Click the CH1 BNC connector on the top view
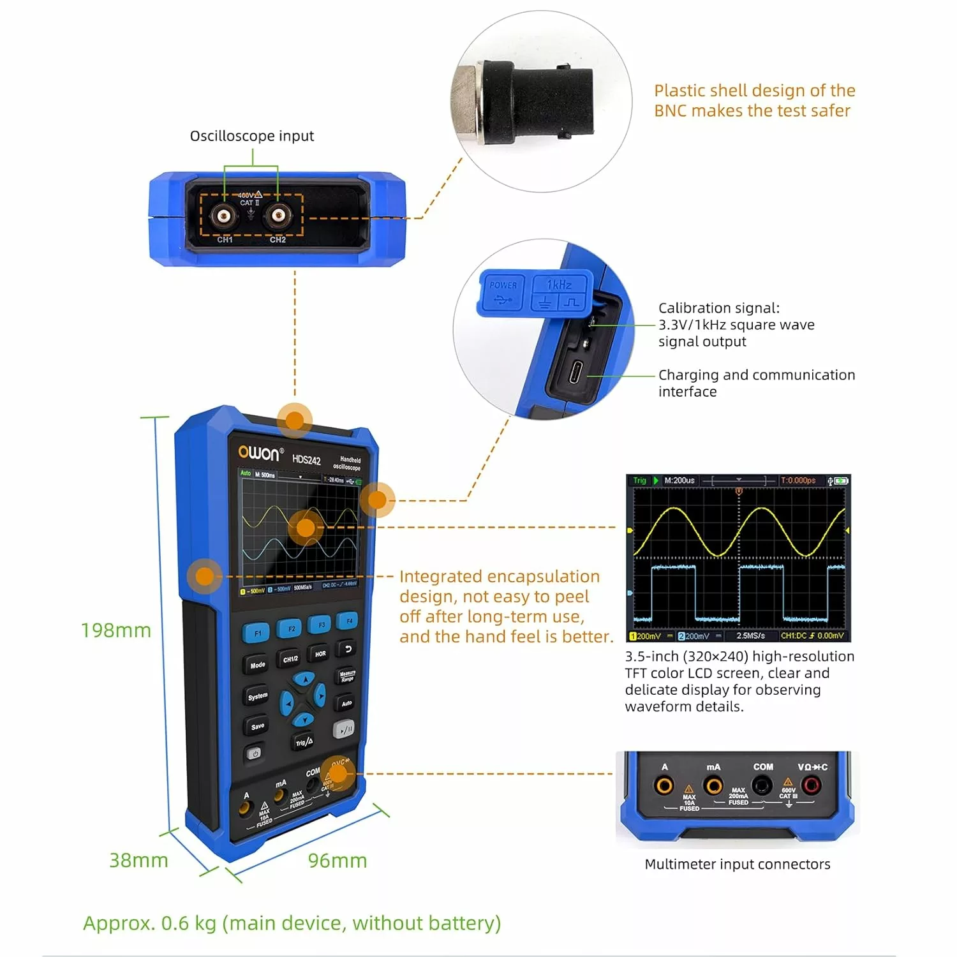point(224,216)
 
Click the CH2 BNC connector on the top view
point(278,216)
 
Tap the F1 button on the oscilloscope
point(256,633)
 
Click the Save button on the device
point(257,726)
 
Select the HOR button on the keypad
point(320,653)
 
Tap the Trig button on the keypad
point(304,742)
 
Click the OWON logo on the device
point(259,453)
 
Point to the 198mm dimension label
point(116,630)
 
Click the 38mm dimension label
point(138,860)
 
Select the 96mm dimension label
point(338,861)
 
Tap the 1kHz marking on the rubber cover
point(559,285)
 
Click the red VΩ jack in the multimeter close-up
point(812,785)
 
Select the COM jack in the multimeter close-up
point(762,785)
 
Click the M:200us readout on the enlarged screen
point(679,480)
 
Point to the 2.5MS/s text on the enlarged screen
point(750,636)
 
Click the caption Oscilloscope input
point(252,136)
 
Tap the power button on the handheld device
point(255,753)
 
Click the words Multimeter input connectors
point(738,864)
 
